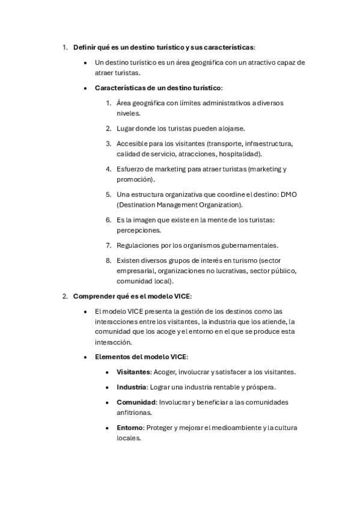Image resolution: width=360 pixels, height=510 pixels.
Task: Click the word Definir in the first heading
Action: click(x=84, y=47)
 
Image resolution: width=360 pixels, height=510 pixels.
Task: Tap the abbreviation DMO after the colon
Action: click(x=290, y=194)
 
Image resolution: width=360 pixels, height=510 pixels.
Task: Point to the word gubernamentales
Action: click(x=247, y=245)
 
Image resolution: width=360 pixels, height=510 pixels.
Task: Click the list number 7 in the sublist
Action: click(x=109, y=245)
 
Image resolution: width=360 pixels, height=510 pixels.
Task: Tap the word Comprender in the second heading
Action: click(x=93, y=296)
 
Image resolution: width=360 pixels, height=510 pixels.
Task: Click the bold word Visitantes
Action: click(x=133, y=372)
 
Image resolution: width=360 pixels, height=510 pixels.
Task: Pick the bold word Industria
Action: click(x=131, y=387)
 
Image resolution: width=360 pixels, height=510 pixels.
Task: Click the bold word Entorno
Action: click(x=130, y=428)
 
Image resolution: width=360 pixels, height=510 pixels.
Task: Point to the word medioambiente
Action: click(x=233, y=428)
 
